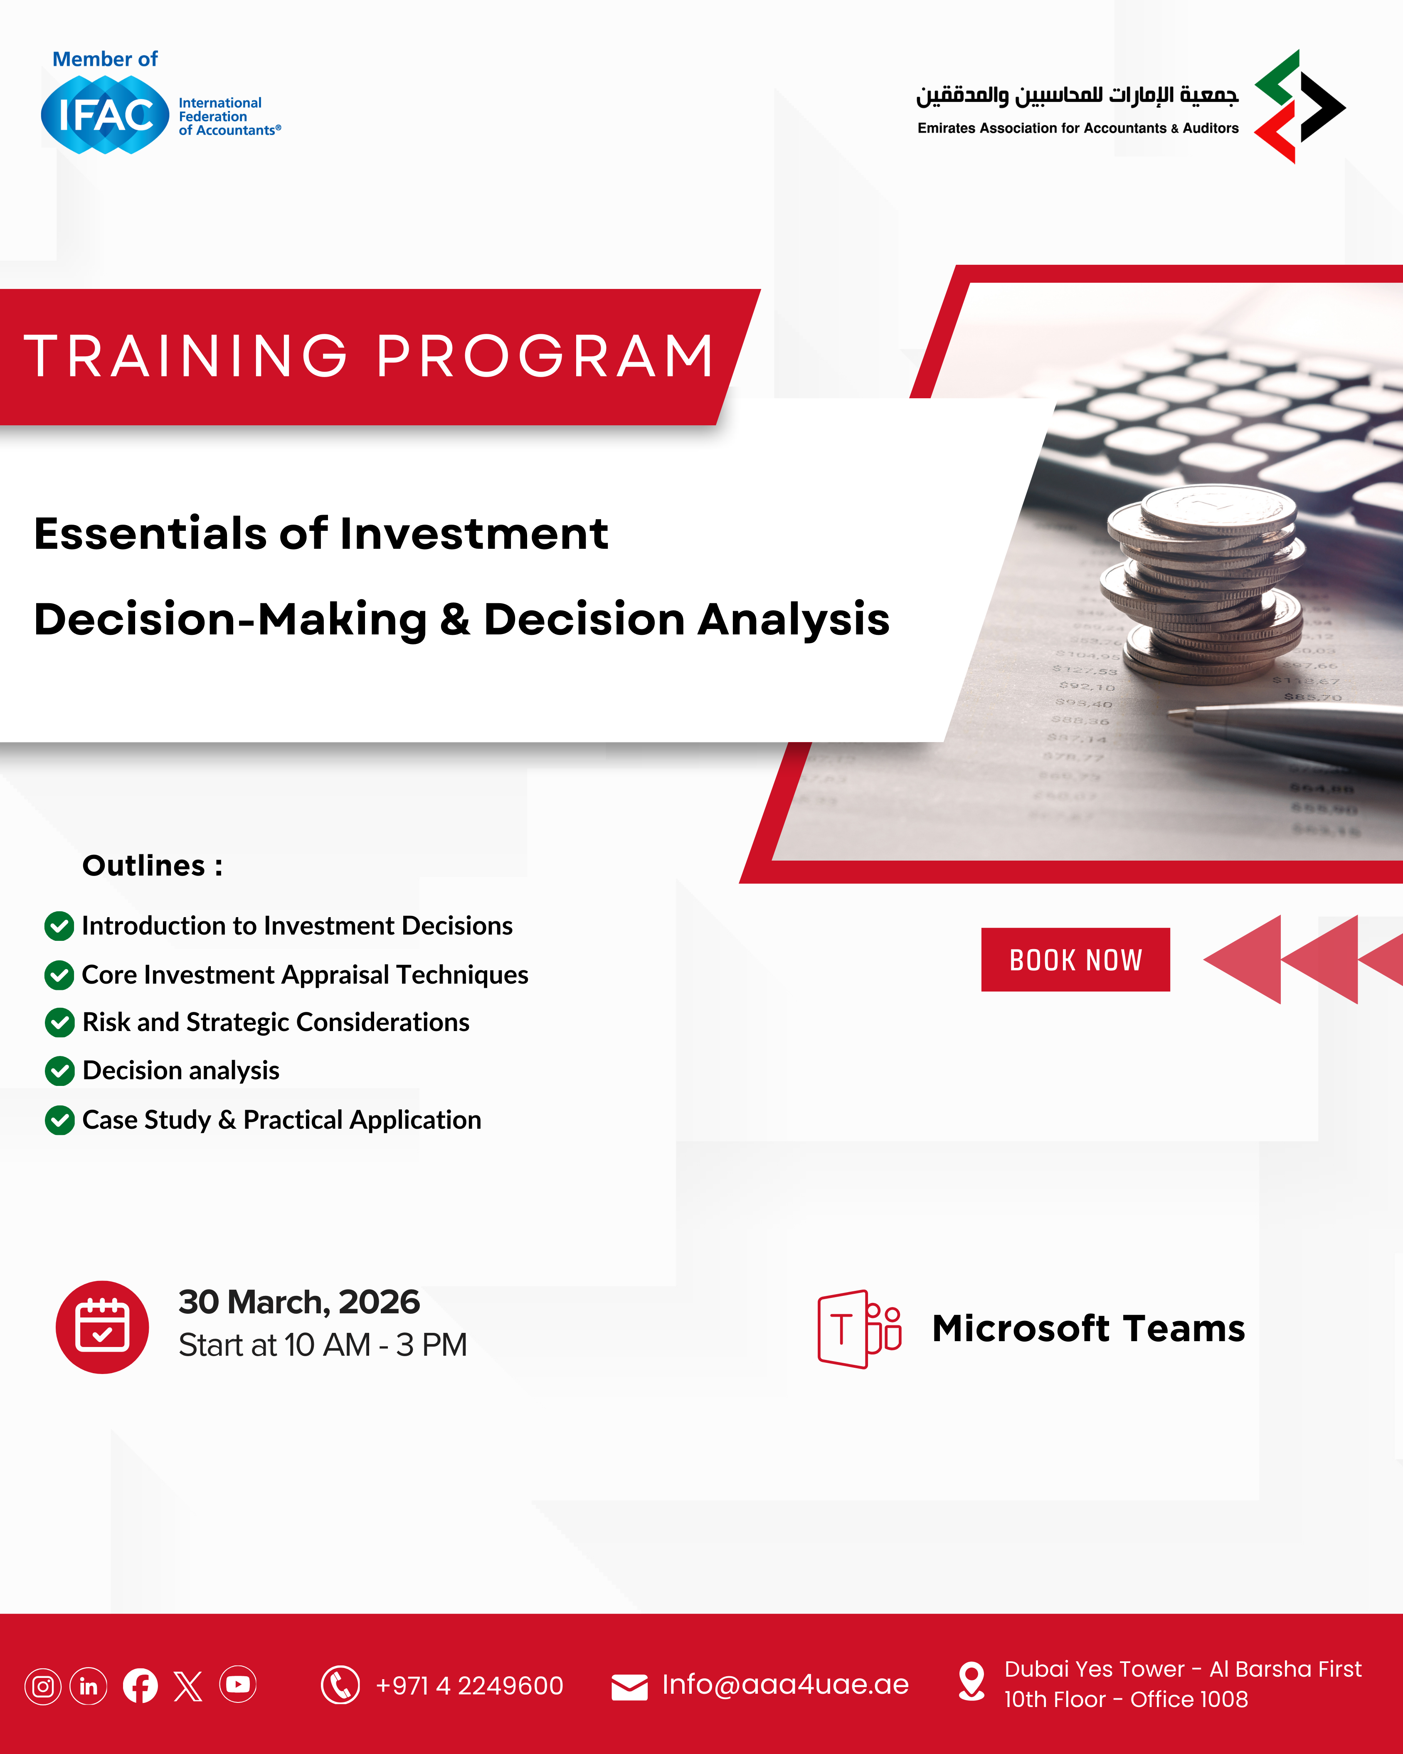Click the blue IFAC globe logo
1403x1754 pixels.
[105, 115]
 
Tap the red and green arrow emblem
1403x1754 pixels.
[1300, 106]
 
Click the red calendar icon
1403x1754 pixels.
[103, 1327]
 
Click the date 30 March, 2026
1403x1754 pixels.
[299, 1302]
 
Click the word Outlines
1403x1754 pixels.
[144, 866]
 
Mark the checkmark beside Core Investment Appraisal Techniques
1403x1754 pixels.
[59, 974]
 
